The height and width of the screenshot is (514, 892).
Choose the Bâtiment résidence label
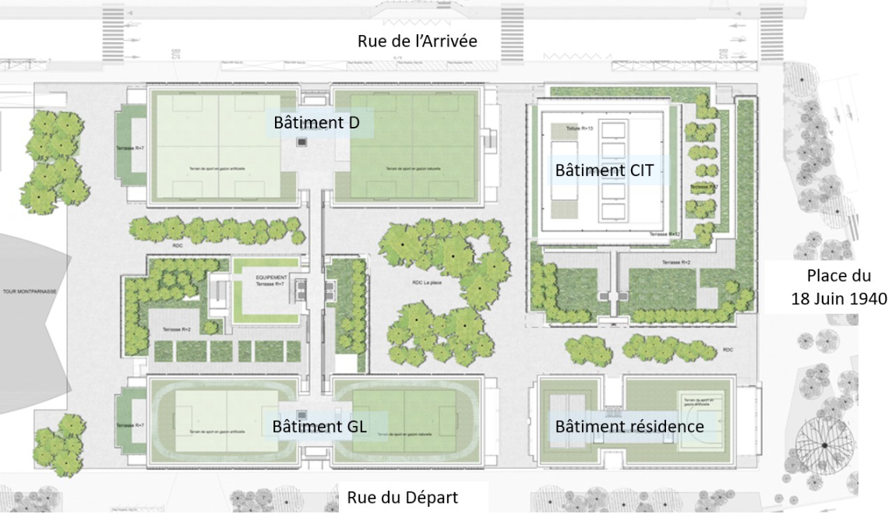(629, 426)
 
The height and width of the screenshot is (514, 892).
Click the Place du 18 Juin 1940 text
(837, 288)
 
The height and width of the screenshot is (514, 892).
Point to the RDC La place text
(421, 283)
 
